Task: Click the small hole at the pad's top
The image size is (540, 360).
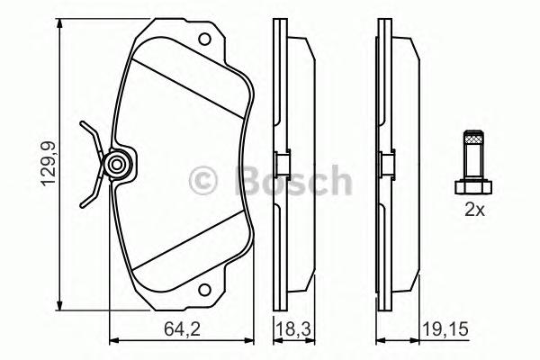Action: (x=205, y=40)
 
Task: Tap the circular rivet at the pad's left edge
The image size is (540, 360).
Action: (x=117, y=165)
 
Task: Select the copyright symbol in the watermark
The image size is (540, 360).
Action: (x=207, y=181)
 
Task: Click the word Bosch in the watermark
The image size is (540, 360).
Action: (x=292, y=181)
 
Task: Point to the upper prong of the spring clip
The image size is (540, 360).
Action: (x=88, y=135)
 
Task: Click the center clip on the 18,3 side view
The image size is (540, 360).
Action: (x=280, y=165)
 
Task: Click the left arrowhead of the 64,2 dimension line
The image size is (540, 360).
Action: (x=112, y=341)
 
